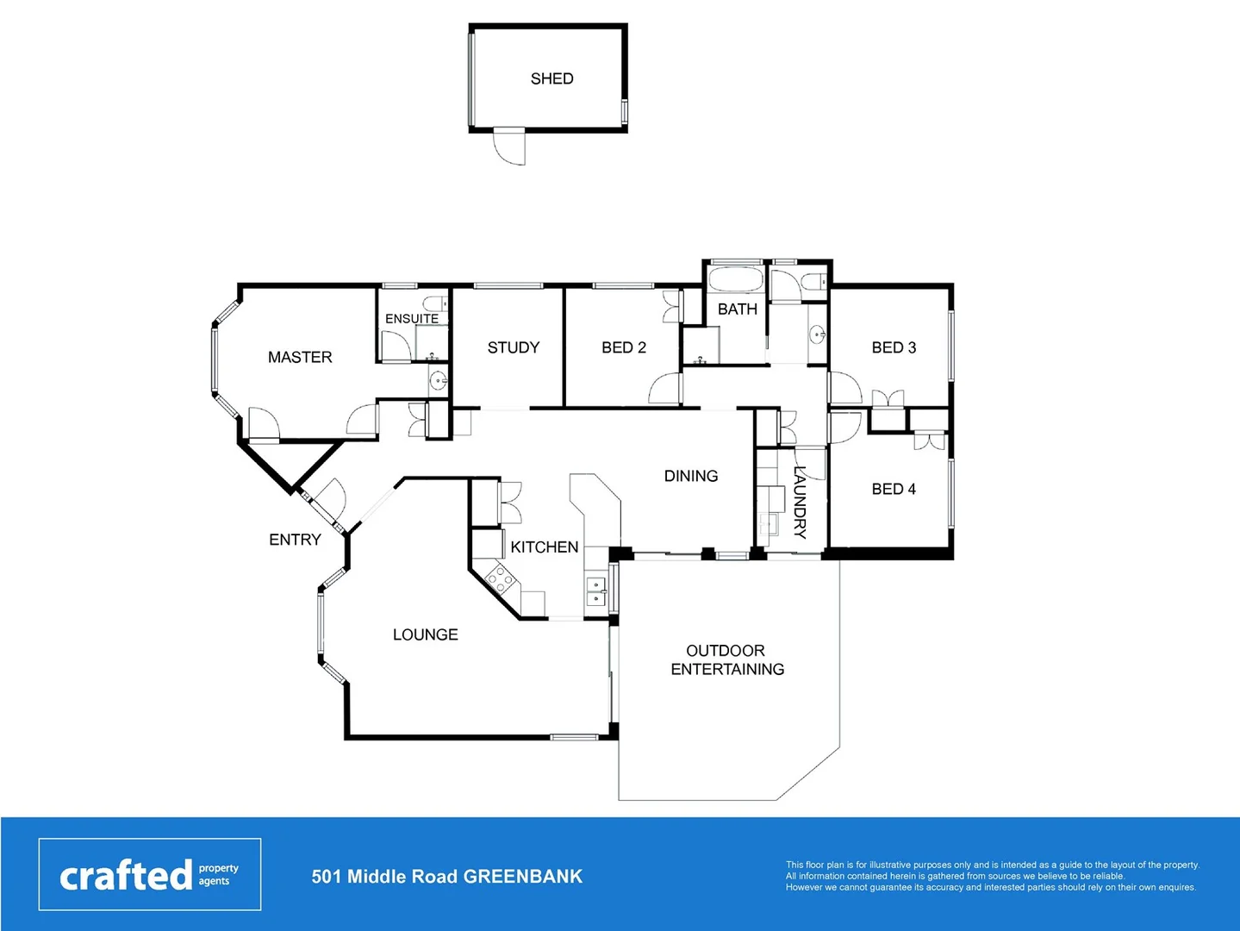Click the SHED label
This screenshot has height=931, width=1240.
[x=551, y=78]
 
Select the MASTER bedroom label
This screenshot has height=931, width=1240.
[x=300, y=357]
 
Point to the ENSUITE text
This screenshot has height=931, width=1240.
[x=412, y=319]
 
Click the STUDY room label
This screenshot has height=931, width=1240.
[x=514, y=347]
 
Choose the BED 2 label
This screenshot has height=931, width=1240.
[x=624, y=347]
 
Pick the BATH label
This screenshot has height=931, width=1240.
[x=738, y=309]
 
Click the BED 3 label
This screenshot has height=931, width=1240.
[x=894, y=347]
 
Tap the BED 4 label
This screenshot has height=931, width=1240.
[x=894, y=489]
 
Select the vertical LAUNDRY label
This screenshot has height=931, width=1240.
[x=800, y=502]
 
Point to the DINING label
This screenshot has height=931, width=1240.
[x=691, y=476]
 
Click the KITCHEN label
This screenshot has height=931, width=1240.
[x=545, y=547]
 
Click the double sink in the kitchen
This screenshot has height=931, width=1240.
[x=596, y=592]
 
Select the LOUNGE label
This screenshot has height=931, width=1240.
[x=426, y=634]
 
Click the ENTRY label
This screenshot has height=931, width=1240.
[x=295, y=540]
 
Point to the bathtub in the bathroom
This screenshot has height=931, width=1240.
[x=734, y=280]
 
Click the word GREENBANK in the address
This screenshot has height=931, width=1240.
[x=523, y=877]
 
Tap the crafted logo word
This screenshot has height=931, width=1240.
[x=126, y=876]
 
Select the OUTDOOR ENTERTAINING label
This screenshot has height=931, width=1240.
[x=727, y=659]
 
